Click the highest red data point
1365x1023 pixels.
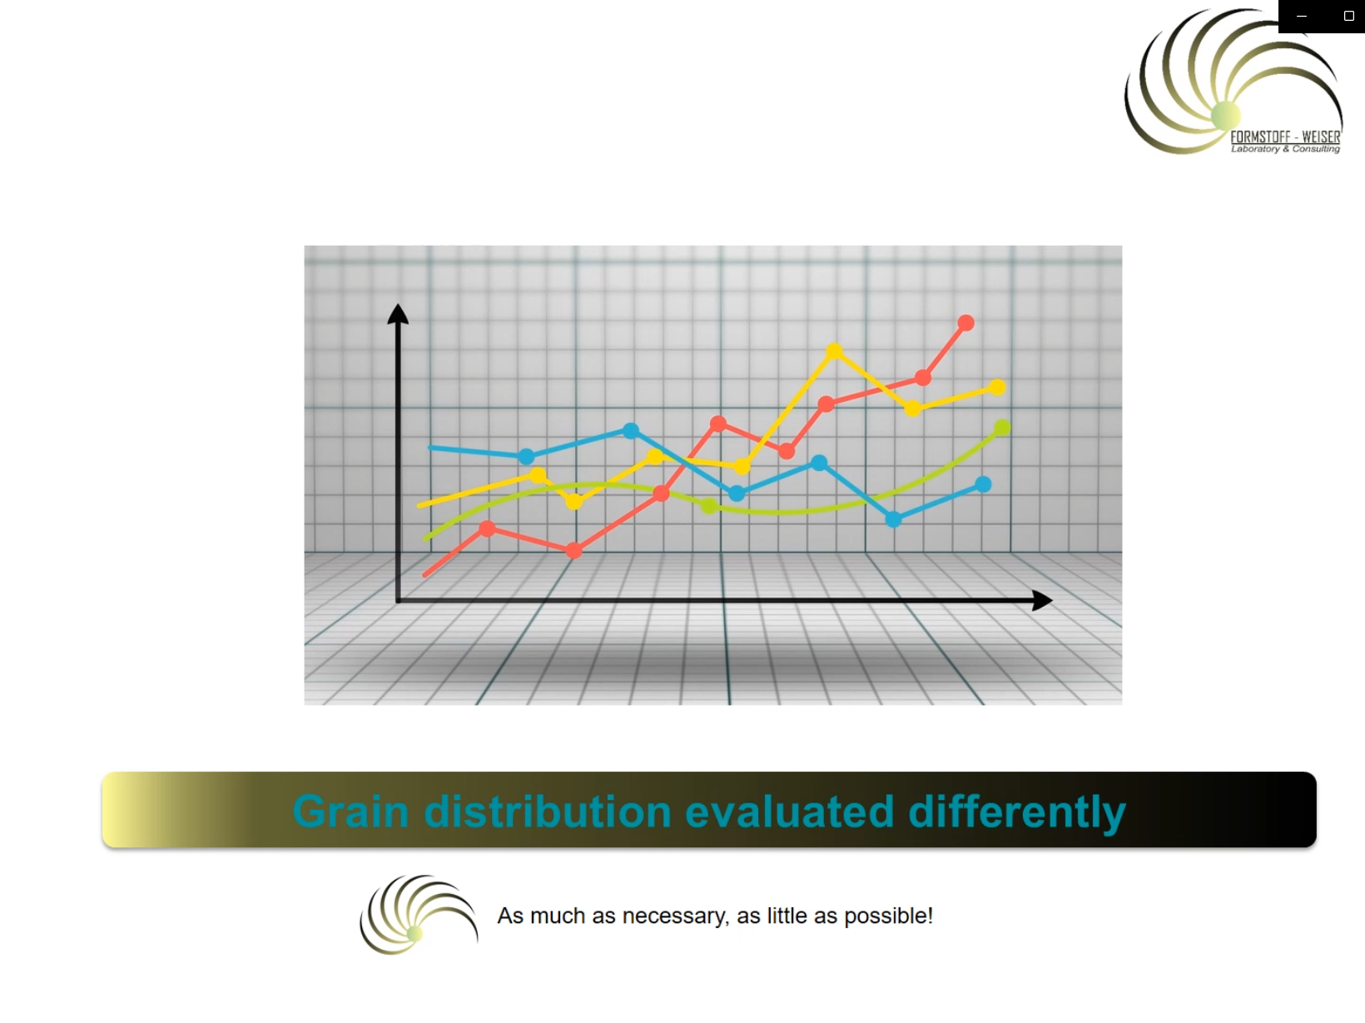965,323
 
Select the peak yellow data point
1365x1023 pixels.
834,351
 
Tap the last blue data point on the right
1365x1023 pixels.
983,484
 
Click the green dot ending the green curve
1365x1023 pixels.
1002,427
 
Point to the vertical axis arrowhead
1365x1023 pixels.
398,314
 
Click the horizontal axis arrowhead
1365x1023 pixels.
1042,600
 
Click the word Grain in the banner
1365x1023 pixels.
350,812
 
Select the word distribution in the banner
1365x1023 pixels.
548,812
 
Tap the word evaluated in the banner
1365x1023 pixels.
790,812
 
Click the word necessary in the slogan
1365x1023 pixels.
676,916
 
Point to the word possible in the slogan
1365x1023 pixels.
889,916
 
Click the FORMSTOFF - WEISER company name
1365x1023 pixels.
1285,137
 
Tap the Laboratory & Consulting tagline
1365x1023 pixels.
1285,149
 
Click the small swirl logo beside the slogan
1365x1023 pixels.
419,914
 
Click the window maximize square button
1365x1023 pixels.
1349,16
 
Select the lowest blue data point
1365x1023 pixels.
893,519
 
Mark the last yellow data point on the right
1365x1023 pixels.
997,387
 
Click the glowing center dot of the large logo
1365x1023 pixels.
1225,115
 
